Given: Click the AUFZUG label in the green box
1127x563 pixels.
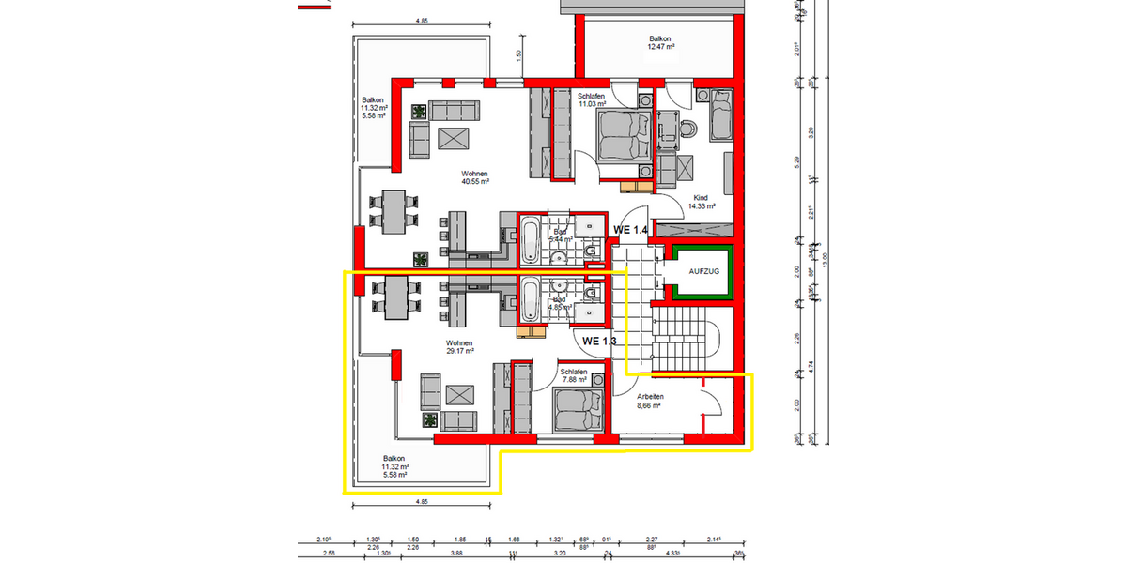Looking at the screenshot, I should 702,271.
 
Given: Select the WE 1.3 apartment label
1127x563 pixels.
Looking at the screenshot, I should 599,341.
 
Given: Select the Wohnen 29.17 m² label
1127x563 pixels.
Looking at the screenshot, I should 459,347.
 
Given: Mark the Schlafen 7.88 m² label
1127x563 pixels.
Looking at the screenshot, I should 574,376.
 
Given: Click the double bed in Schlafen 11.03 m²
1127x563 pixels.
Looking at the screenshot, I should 621,134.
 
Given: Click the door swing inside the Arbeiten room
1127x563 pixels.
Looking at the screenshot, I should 711,403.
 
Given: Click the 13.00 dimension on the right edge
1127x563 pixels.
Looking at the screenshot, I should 826,255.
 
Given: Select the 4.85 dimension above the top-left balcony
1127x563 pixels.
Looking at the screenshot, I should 422,20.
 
